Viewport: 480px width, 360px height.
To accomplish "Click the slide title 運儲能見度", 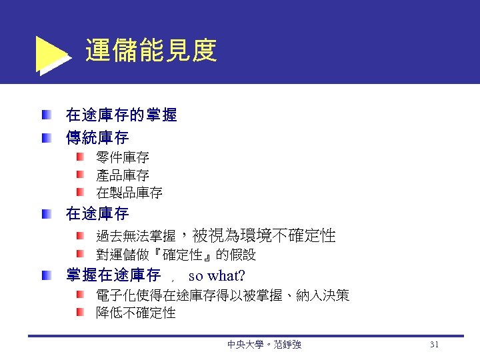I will pyautogui.click(x=151, y=50).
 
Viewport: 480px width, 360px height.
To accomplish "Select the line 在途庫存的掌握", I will pyautogui.click(x=121, y=115).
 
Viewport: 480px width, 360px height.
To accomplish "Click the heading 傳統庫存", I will pyautogui.click(x=97, y=138).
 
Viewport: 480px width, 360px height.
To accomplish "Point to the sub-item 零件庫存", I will pyautogui.click(x=123, y=159).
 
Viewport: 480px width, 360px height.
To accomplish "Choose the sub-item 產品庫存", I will pyautogui.click(x=123, y=176).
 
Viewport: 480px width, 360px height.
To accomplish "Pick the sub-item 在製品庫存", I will pyautogui.click(x=129, y=193).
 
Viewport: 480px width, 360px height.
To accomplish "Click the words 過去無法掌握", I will pyautogui.click(x=136, y=236).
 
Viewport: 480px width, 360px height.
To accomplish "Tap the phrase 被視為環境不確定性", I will pyautogui.click(x=264, y=235).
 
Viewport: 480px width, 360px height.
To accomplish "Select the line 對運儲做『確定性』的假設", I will pyautogui.click(x=176, y=255).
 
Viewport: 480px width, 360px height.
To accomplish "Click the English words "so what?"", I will pyautogui.click(x=217, y=275).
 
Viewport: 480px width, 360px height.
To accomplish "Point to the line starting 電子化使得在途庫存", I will pyautogui.click(x=223, y=295).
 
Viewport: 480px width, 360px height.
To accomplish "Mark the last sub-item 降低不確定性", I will pyautogui.click(x=136, y=313).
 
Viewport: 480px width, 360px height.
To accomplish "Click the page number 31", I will pyautogui.click(x=434, y=345).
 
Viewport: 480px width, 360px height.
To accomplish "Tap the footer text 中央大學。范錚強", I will pyautogui.click(x=264, y=345).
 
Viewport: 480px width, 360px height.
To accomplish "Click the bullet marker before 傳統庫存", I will pyautogui.click(x=44, y=138).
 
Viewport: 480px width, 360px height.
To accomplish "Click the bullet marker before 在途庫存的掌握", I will pyautogui.click(x=44, y=115).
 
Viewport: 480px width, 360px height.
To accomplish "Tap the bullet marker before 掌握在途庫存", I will pyautogui.click(x=44, y=275).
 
